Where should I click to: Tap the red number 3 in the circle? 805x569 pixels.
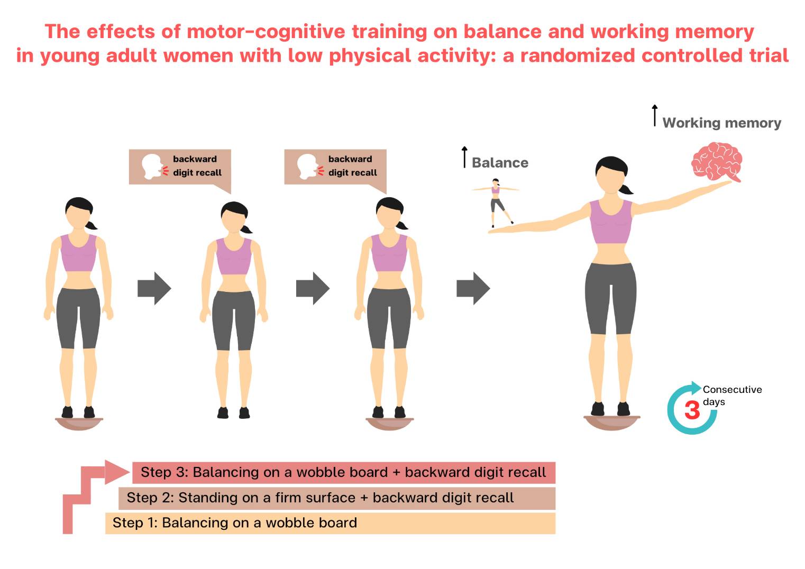(x=692, y=410)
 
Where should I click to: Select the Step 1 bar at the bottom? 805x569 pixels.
(x=330, y=523)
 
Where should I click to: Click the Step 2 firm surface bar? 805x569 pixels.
(x=337, y=498)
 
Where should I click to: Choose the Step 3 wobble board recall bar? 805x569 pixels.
(x=343, y=472)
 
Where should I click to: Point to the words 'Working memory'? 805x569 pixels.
(x=721, y=123)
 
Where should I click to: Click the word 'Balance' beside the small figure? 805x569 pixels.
(x=500, y=163)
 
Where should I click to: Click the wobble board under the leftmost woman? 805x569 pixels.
(x=79, y=423)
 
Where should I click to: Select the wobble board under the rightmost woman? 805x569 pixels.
(x=611, y=421)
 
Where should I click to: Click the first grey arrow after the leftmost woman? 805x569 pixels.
(x=154, y=288)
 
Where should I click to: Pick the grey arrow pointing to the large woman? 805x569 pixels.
(x=473, y=288)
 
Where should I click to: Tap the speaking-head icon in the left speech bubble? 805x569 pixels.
(x=152, y=166)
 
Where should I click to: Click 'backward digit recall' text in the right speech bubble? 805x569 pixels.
(x=352, y=166)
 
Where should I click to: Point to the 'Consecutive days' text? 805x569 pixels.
(x=731, y=395)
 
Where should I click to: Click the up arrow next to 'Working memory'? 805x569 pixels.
(x=655, y=115)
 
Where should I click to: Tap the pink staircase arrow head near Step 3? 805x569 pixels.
(x=117, y=472)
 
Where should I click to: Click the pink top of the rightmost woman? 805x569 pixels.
(x=611, y=222)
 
